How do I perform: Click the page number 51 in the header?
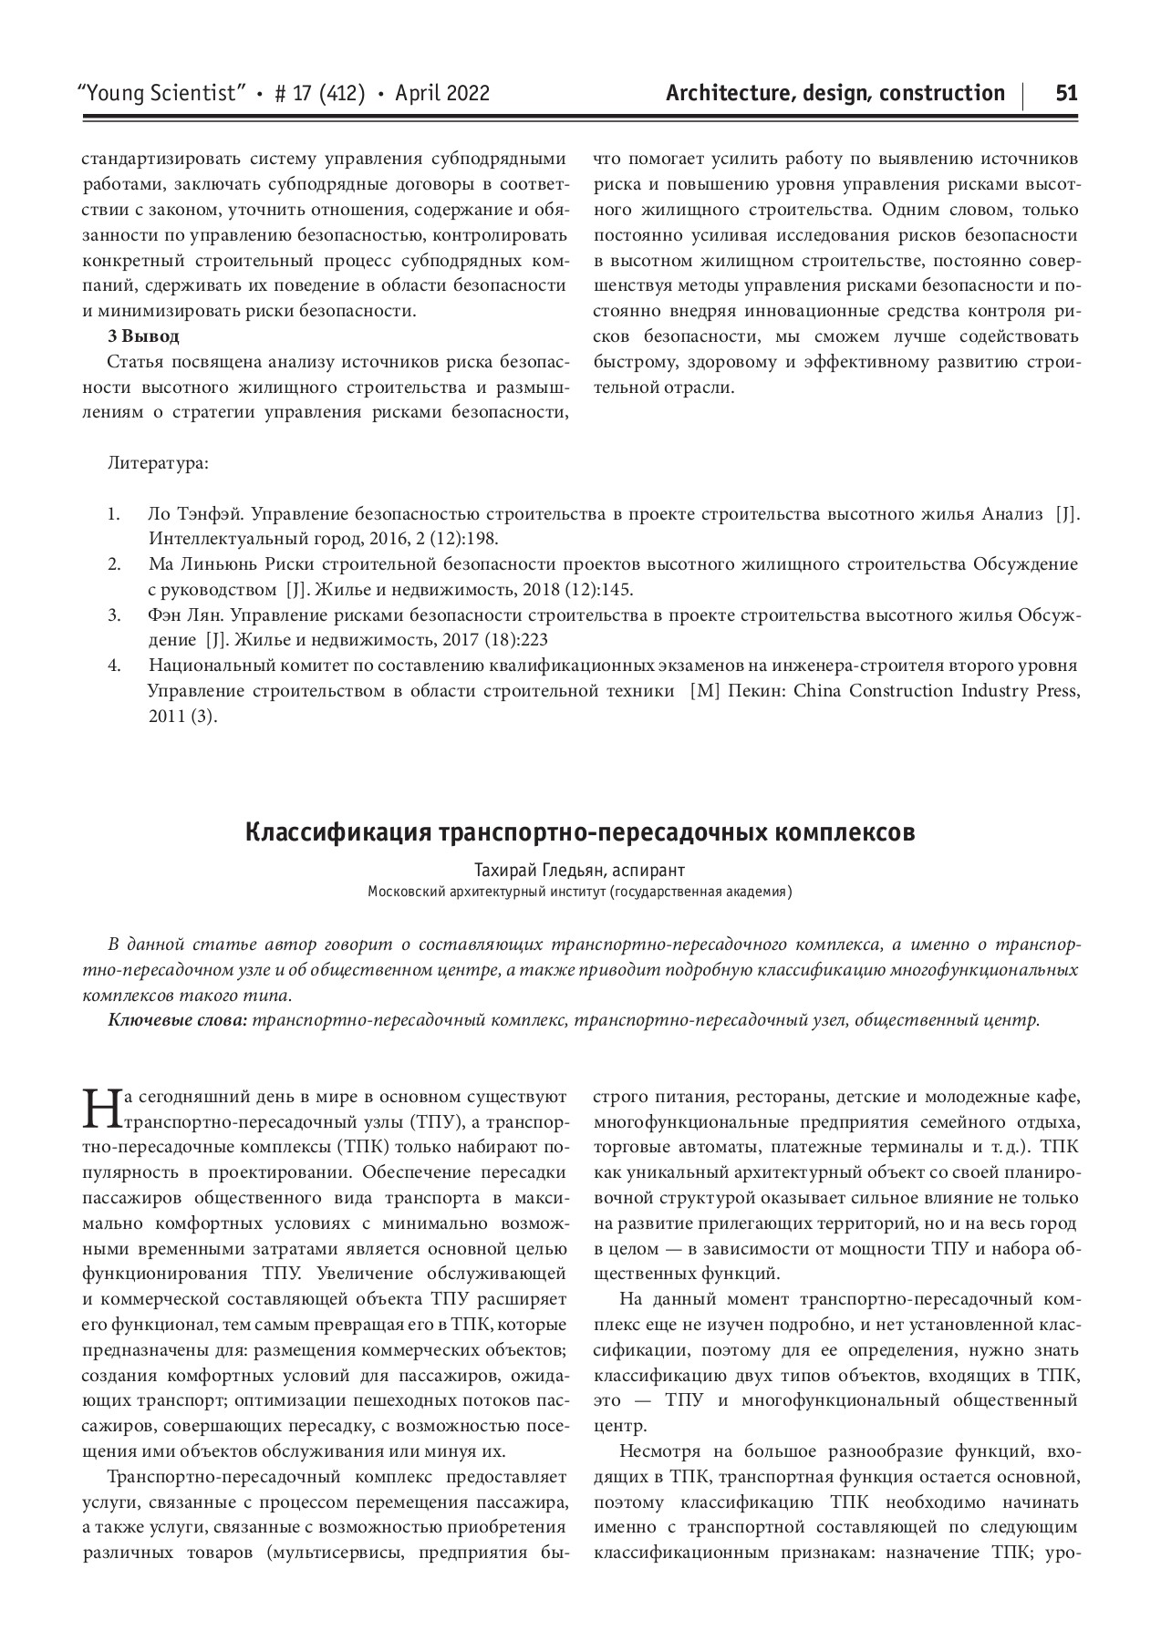coord(1066,93)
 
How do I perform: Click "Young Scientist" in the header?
coord(165,93)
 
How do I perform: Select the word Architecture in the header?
coord(726,93)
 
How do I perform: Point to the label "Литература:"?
coord(158,463)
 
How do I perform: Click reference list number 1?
coord(113,514)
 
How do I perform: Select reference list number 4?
coord(113,665)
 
